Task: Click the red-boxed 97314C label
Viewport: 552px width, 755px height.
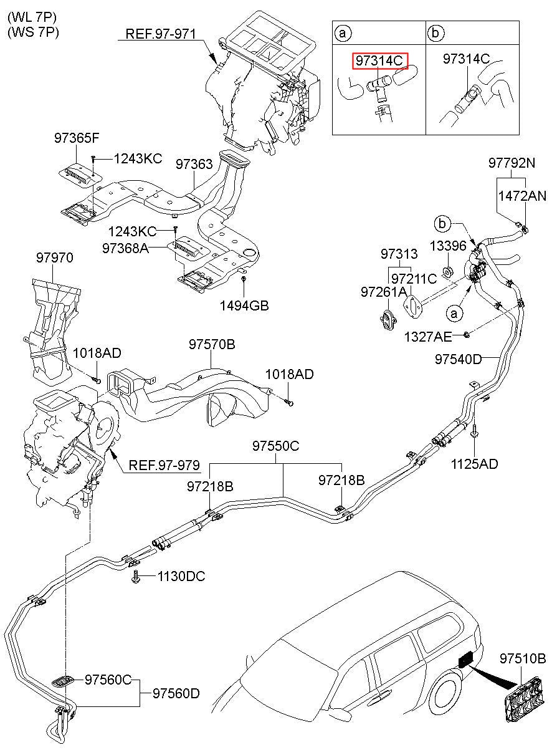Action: (x=380, y=60)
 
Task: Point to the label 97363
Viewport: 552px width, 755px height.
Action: (x=194, y=164)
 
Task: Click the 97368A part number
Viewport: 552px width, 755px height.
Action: (x=125, y=248)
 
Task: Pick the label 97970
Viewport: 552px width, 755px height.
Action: (x=54, y=257)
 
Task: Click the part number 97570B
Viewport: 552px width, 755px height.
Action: (x=212, y=344)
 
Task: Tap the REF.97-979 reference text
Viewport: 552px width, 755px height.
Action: (x=164, y=465)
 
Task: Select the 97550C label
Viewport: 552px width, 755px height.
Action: (x=276, y=446)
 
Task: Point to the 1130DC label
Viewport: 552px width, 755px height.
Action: (x=181, y=576)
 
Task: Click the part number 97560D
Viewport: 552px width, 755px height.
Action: (x=176, y=693)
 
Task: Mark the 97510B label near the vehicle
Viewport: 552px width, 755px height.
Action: (x=522, y=658)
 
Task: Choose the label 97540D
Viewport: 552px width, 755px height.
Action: (x=459, y=360)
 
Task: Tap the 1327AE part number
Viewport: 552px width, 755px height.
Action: (x=428, y=337)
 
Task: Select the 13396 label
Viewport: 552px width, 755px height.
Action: (x=448, y=246)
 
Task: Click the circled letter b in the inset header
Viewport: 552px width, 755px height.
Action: (x=435, y=32)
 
